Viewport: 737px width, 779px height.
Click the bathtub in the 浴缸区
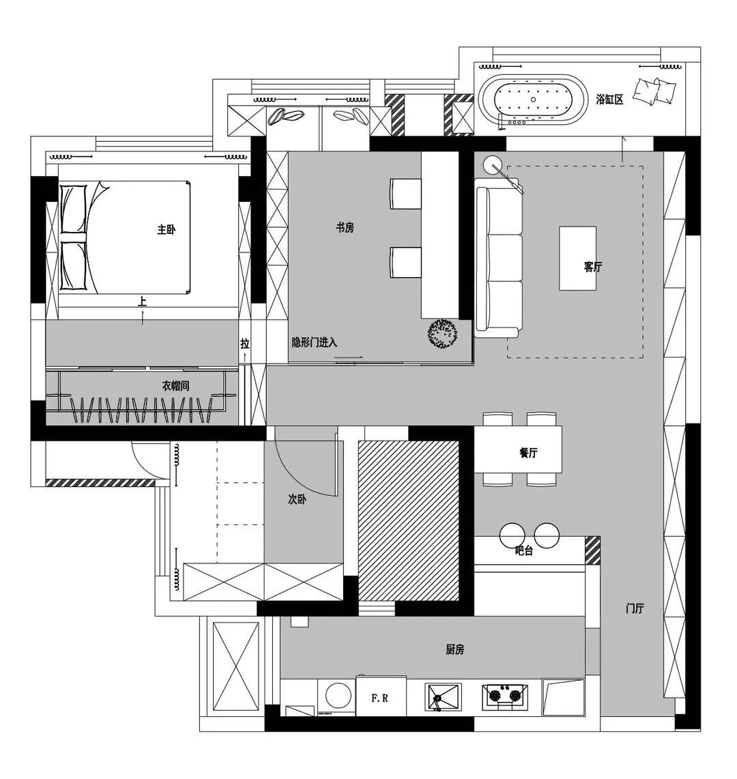(533, 100)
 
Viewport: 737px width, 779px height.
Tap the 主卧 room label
(167, 229)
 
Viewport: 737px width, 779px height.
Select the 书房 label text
(345, 228)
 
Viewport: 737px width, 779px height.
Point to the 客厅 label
(593, 267)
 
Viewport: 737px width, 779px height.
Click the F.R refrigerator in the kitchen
(381, 696)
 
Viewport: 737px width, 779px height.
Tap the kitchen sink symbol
(443, 696)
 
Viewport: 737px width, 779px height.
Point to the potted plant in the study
(442, 334)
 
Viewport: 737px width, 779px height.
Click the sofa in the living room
(498, 259)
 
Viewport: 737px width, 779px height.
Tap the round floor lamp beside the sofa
(493, 164)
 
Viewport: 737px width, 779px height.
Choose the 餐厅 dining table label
(528, 452)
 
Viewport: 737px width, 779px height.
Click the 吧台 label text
(524, 550)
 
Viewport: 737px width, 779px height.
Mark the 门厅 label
(635, 608)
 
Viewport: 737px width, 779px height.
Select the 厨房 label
(454, 649)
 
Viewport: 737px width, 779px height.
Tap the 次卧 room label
(297, 499)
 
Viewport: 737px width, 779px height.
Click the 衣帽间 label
(175, 385)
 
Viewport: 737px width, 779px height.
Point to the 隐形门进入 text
(315, 342)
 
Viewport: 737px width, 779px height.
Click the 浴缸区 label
(610, 100)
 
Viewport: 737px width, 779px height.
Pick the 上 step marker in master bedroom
(143, 302)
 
